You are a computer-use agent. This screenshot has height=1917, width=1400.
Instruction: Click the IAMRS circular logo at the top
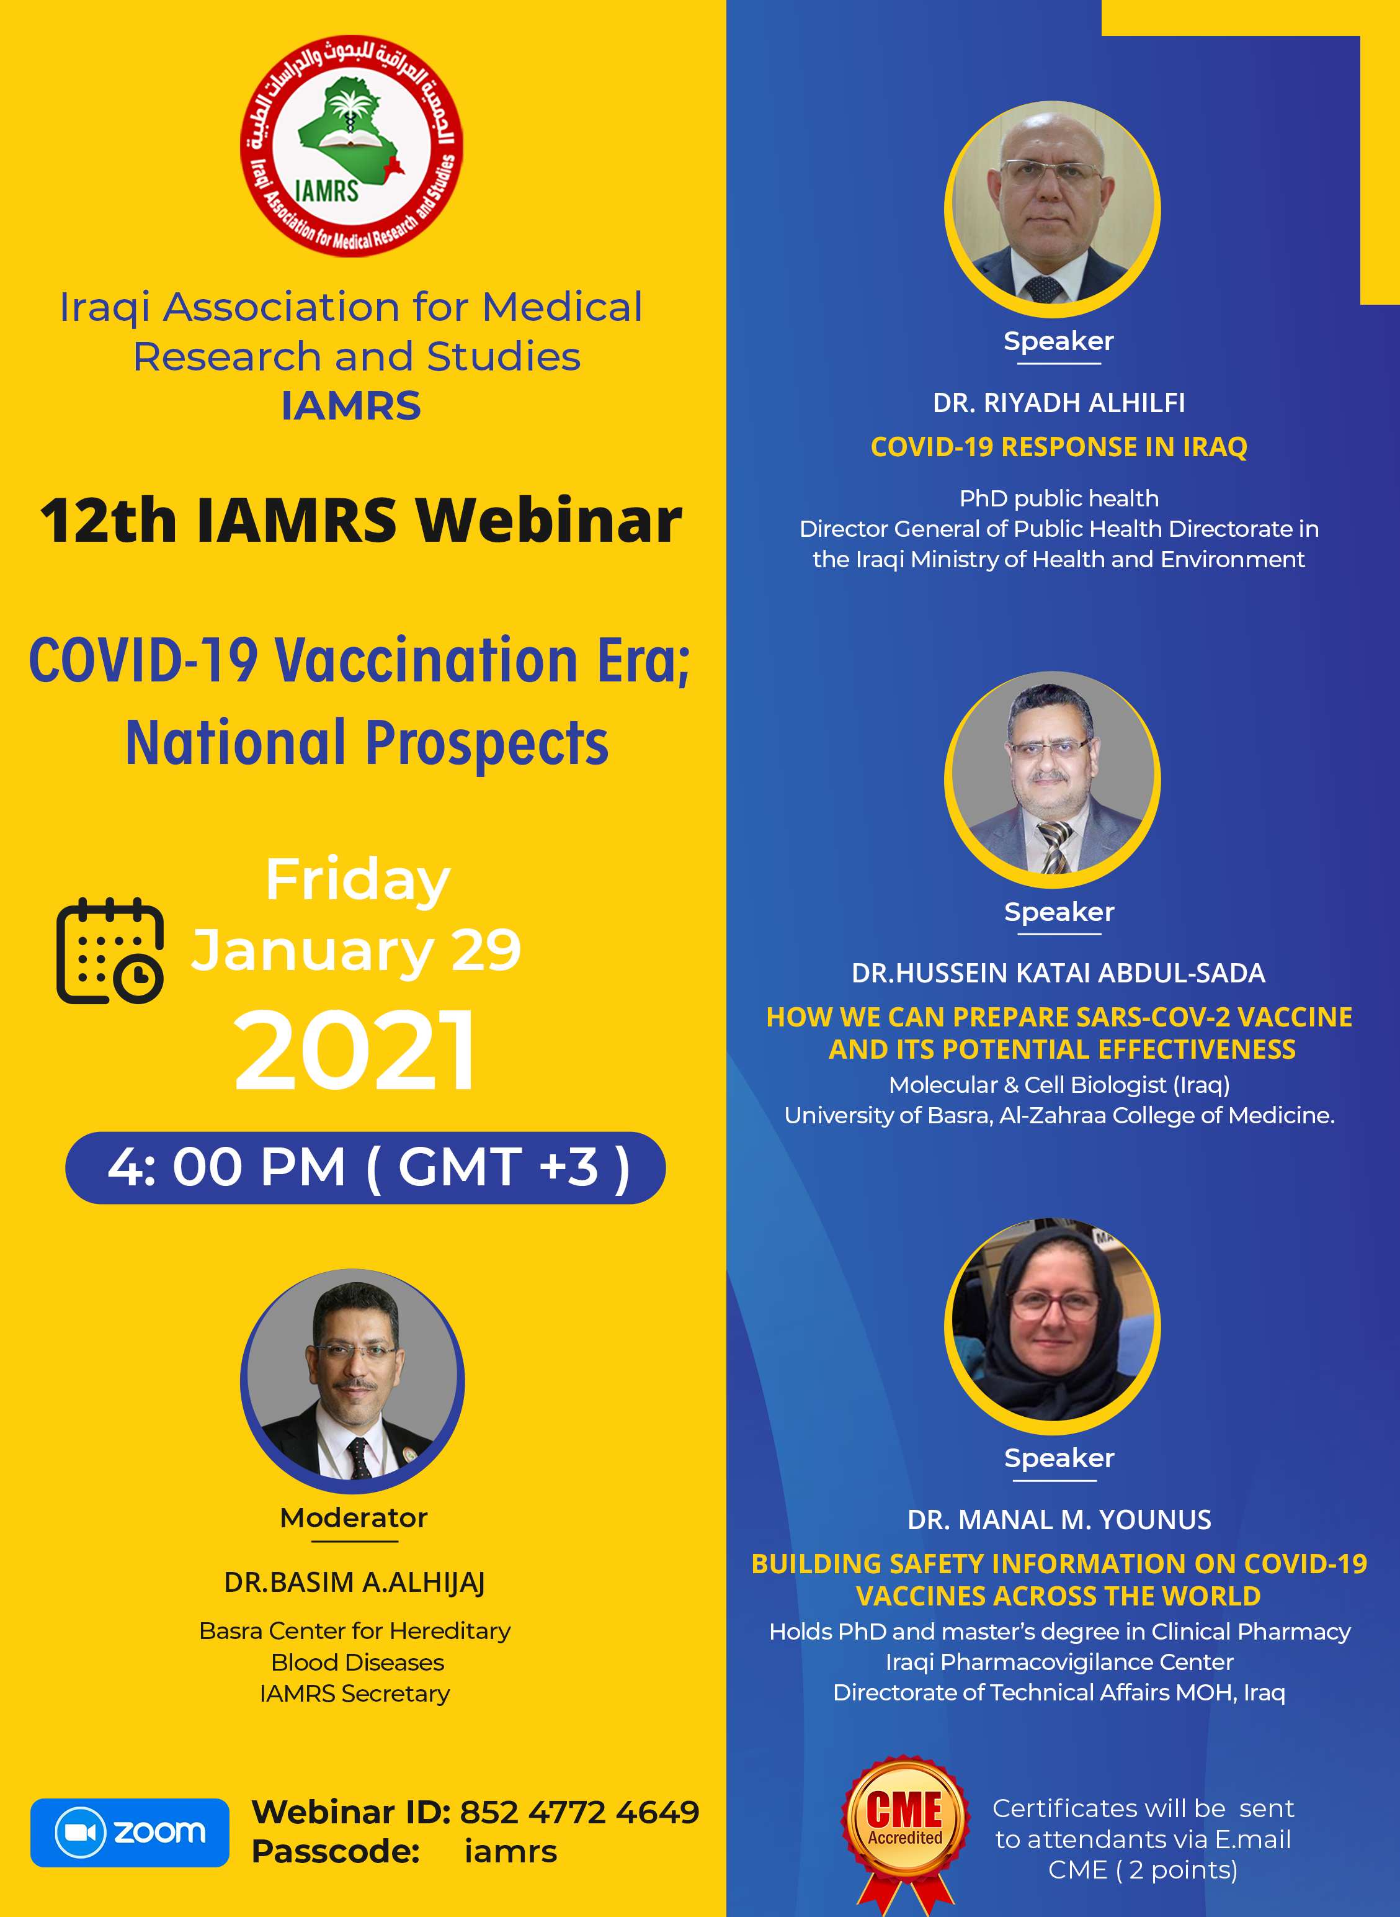coord(352,145)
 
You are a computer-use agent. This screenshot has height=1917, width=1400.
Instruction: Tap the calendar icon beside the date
coord(110,951)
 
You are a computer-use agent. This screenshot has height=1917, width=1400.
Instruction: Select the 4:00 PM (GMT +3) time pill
coord(365,1167)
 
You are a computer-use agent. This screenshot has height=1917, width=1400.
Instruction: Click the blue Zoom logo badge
coord(130,1832)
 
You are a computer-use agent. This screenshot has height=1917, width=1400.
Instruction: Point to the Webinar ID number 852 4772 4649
coord(579,1812)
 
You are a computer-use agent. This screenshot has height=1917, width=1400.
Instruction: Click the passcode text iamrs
coord(511,1852)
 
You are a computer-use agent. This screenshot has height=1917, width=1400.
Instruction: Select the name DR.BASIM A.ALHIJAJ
coord(354,1582)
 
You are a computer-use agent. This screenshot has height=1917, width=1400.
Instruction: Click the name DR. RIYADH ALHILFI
coord(1058,403)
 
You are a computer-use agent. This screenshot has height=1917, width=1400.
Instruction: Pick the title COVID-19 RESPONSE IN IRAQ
coord(1058,447)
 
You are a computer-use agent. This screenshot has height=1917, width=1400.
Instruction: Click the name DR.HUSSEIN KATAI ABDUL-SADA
coord(1058,972)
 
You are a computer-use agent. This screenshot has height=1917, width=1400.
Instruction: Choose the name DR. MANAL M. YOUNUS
coord(1058,1519)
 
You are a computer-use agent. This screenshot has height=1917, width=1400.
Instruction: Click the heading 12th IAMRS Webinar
coord(361,519)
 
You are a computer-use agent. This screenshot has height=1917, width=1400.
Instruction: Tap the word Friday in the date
coord(358,880)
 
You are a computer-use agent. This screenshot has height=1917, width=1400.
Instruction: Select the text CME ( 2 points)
coord(1143,1869)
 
